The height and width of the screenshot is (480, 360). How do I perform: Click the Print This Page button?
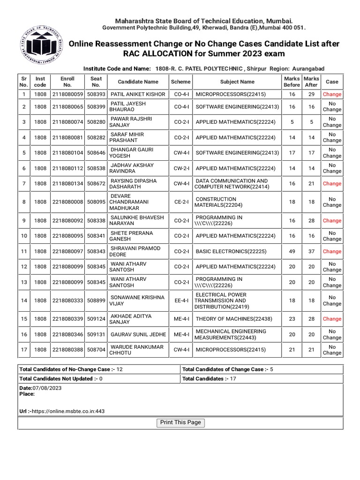click(180, 423)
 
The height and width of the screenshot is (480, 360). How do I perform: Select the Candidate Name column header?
click(138, 82)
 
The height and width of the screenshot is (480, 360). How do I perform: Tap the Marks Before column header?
click(292, 82)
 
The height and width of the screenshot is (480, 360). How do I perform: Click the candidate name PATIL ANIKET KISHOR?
click(138, 94)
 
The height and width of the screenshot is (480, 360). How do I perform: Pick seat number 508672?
click(96, 184)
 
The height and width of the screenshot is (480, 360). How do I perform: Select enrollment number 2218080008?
click(67, 202)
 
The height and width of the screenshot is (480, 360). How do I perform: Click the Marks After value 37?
click(311, 251)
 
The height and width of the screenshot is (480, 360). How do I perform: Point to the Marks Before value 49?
click(292, 251)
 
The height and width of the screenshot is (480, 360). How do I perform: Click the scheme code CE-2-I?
click(181, 202)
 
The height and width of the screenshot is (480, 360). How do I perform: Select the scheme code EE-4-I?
click(181, 300)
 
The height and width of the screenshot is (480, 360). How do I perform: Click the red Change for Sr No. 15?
click(332, 319)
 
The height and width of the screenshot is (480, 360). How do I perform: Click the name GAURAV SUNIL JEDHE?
click(138, 335)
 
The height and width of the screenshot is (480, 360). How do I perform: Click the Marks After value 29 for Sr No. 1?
click(311, 94)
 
